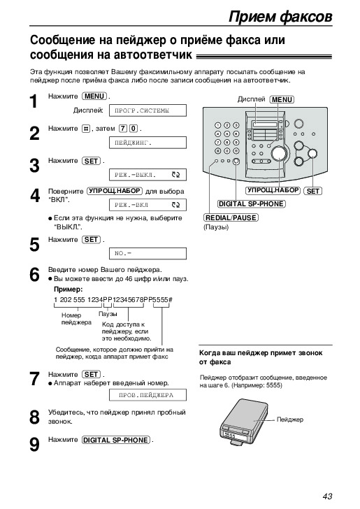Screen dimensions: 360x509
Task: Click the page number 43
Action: [x=327, y=496]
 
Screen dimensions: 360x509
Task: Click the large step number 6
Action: [x=34, y=275]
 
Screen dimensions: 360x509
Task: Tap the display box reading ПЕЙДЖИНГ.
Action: [x=147, y=143]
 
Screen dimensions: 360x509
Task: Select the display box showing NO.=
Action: [x=147, y=253]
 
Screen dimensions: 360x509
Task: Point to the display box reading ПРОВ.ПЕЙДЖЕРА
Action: [x=147, y=395]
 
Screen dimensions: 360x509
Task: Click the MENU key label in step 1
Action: [x=94, y=96]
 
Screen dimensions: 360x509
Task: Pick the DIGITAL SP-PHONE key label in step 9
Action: [x=116, y=440]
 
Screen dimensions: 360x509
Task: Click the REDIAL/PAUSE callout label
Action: [x=231, y=217]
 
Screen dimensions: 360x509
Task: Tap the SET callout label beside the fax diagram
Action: [x=313, y=191]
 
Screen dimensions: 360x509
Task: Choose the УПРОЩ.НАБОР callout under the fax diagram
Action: [x=273, y=190]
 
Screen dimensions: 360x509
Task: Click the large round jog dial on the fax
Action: [x=279, y=154]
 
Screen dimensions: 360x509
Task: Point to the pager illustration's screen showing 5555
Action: [x=233, y=434]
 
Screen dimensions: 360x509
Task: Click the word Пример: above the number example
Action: [x=69, y=289]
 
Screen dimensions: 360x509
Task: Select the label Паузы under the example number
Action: [x=108, y=314]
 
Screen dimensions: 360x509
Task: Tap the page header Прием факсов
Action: [x=280, y=17]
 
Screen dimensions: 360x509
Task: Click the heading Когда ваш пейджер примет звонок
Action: [x=261, y=353]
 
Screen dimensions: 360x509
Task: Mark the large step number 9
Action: [x=34, y=445]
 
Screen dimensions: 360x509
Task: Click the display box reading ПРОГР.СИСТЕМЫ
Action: [x=147, y=110]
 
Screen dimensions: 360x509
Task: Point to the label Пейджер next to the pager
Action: [x=290, y=420]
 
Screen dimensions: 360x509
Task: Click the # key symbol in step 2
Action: [x=86, y=129]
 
